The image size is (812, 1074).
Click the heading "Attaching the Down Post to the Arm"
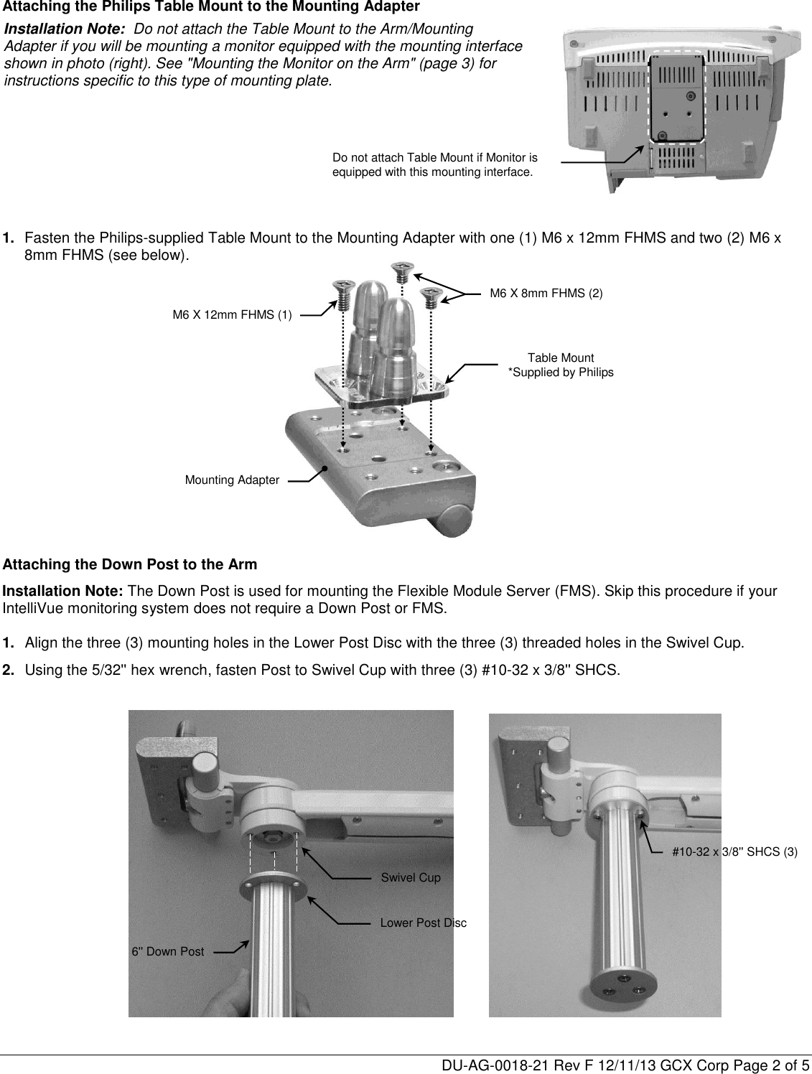click(x=130, y=565)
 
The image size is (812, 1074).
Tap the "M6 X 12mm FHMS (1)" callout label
click(x=232, y=314)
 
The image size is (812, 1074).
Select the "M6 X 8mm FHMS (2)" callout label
click(x=546, y=293)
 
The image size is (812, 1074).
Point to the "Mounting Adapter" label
click(x=232, y=480)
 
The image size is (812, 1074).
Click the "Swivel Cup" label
click(x=411, y=878)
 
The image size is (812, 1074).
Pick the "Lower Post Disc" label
click(x=423, y=923)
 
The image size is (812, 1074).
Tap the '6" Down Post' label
click(x=167, y=952)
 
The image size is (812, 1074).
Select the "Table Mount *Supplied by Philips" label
click(x=561, y=365)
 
